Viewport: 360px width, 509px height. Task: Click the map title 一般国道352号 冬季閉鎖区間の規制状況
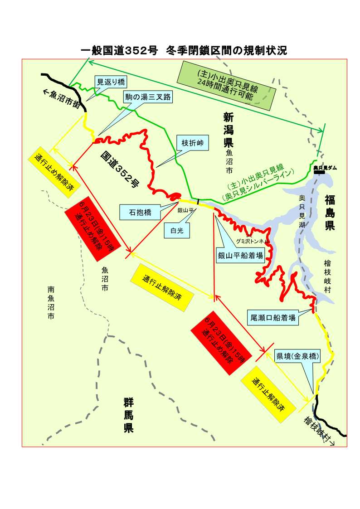click(184, 50)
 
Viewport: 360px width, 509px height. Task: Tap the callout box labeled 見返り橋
click(111, 82)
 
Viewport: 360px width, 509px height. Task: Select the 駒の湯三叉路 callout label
click(149, 97)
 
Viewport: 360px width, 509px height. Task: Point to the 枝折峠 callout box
click(193, 143)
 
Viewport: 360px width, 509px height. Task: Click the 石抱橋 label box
click(140, 212)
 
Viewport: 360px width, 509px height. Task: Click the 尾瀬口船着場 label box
click(273, 318)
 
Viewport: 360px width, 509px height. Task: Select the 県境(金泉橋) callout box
click(298, 356)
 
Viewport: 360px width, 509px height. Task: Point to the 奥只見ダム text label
click(325, 168)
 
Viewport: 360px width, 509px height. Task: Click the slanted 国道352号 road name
click(120, 168)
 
